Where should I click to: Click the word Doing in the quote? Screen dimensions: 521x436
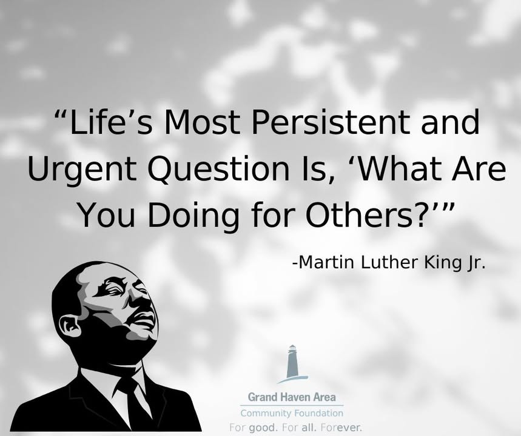[193, 216]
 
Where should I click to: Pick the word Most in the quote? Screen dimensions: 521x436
[202, 122]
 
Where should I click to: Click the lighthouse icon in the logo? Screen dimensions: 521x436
[292, 364]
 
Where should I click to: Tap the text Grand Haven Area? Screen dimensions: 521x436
[292, 397]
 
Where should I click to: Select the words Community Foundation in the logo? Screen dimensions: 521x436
[292, 414]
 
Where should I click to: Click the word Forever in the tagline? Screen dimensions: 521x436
[341, 428]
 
